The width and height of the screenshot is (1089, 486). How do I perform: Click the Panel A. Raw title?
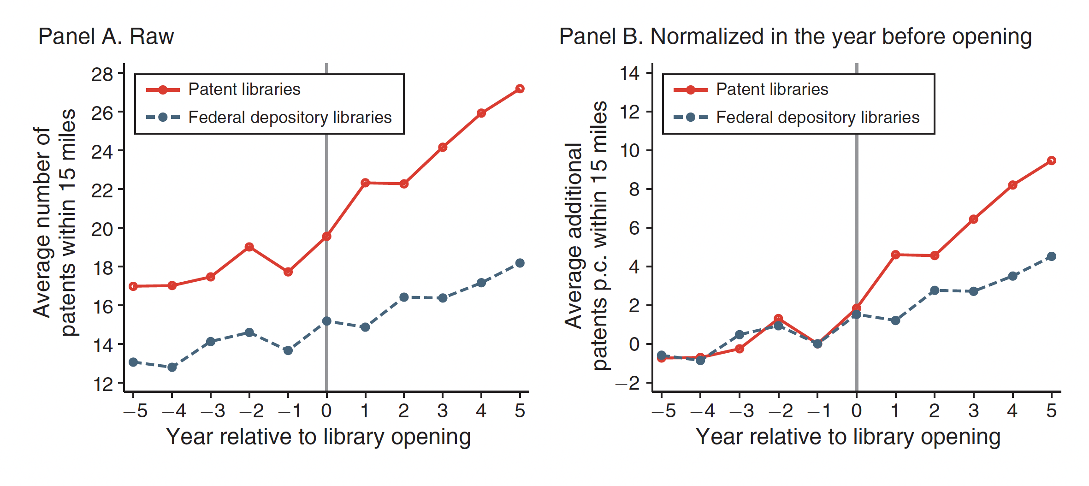[106, 36]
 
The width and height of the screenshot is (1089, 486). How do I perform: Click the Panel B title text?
[795, 36]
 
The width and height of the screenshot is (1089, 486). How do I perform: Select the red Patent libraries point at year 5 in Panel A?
[520, 89]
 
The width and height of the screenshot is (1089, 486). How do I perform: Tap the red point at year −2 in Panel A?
[249, 247]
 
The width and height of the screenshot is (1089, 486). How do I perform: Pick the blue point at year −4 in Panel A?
[172, 367]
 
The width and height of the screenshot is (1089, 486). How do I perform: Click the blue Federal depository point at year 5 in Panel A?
[520, 263]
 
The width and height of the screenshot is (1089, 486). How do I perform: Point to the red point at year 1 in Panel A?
[365, 183]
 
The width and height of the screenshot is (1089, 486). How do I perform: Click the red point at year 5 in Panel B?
[1051, 160]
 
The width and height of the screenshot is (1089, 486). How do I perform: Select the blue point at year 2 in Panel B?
[935, 290]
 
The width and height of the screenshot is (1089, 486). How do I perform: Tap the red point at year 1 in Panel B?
[895, 255]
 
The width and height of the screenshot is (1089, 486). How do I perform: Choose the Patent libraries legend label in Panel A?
[244, 89]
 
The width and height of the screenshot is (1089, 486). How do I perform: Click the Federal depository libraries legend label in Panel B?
[818, 118]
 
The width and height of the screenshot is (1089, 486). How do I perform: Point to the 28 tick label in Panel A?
[102, 74]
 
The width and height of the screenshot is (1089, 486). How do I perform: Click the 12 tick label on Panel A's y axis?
[102, 384]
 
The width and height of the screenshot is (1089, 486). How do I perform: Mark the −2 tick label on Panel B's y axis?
[628, 383]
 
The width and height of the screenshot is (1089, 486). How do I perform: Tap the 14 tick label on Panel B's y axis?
[630, 73]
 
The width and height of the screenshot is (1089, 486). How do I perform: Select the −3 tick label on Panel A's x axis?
[213, 410]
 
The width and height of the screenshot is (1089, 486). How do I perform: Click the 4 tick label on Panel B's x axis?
[1012, 410]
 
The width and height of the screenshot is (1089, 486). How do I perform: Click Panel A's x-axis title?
[318, 437]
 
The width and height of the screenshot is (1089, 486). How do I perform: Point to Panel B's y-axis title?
[586, 235]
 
